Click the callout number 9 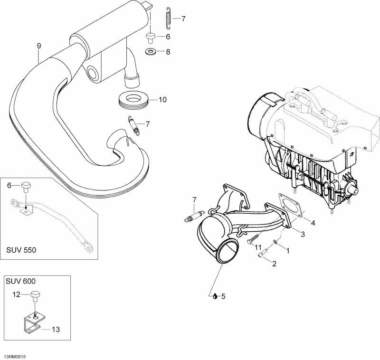(x=39, y=46)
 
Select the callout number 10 (x=162, y=100)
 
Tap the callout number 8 (x=167, y=52)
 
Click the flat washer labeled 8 (x=151, y=51)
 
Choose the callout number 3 (x=302, y=234)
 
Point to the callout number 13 (x=56, y=329)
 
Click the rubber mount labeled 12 (x=36, y=297)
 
